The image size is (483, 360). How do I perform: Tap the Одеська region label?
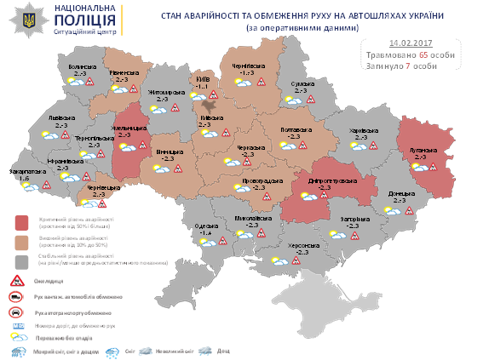(204, 226)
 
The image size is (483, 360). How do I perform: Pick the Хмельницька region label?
(125, 128)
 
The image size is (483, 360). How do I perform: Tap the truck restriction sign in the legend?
(16, 295)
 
